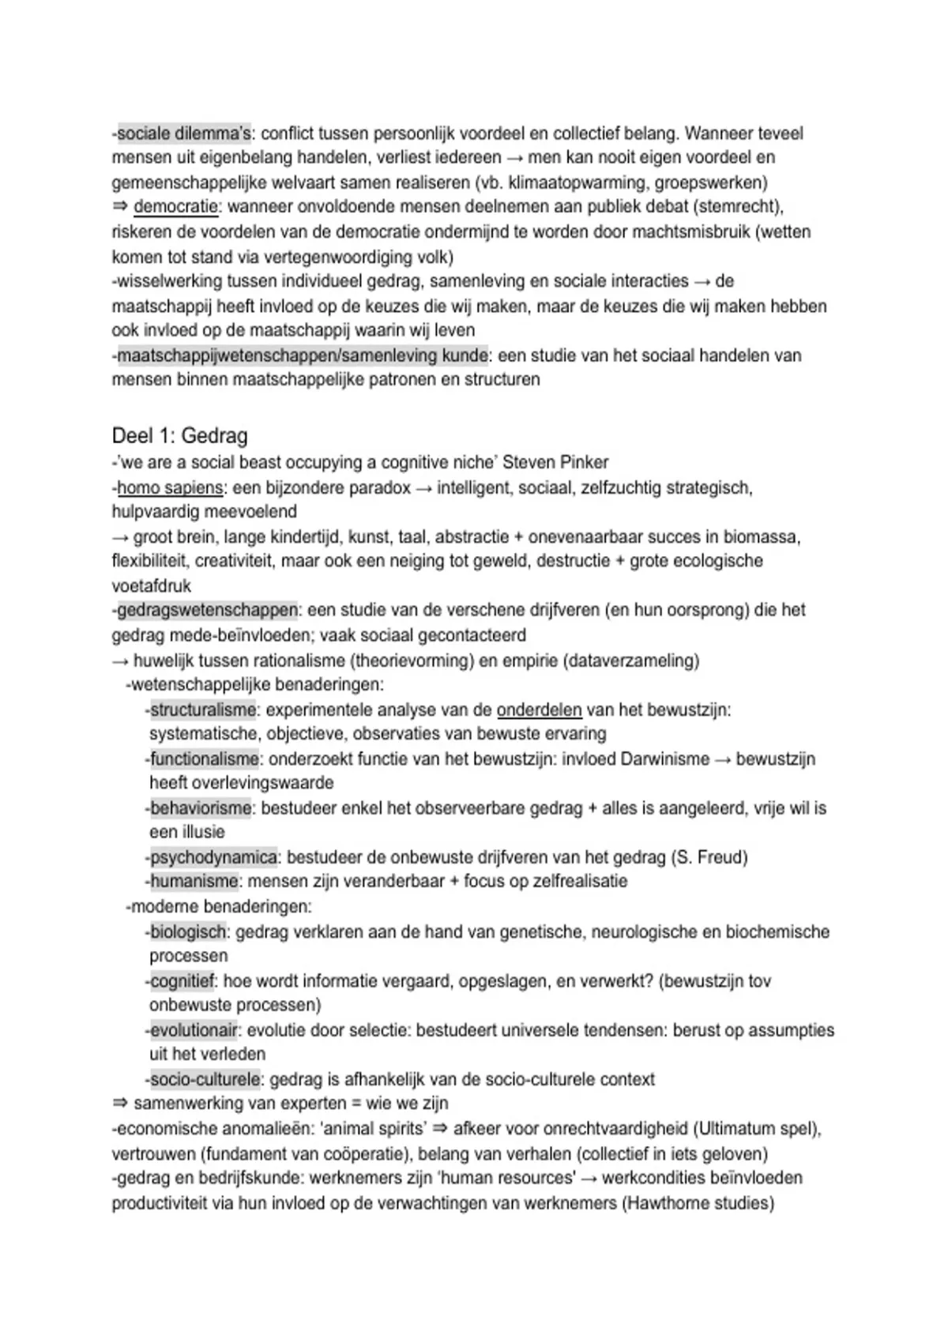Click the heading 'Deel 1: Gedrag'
179,435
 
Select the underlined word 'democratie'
175,207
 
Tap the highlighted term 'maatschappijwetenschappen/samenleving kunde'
303,355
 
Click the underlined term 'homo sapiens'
170,488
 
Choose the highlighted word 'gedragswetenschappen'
208,610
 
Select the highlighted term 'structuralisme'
203,710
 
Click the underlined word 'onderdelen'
539,710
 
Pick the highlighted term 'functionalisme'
205,759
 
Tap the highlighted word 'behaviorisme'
201,808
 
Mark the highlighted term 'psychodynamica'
214,857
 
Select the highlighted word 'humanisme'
194,881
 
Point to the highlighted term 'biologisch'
188,932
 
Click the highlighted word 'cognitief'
182,981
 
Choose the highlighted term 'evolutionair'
194,1030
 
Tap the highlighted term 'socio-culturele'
205,1079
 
